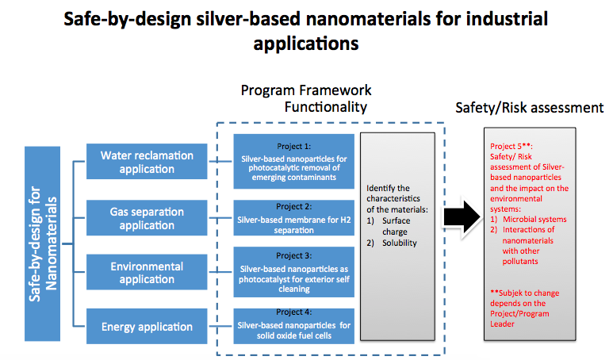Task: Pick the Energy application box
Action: [x=147, y=327]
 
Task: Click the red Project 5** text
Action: [x=512, y=147]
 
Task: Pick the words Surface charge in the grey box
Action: [x=400, y=226]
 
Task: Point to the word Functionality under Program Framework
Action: [x=327, y=107]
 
